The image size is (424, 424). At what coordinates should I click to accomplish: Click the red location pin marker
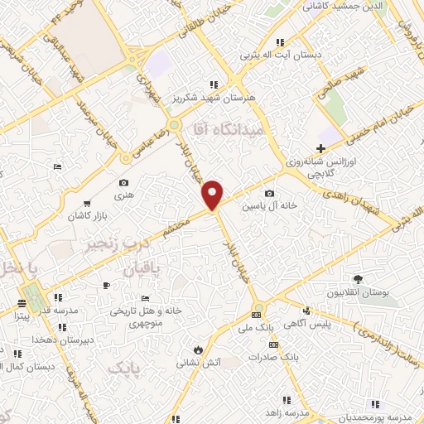[213, 195]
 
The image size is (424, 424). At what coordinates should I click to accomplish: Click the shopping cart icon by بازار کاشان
[86, 203]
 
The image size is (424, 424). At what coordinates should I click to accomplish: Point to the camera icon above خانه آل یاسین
[268, 193]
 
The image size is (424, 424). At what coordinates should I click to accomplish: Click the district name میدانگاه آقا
[227, 130]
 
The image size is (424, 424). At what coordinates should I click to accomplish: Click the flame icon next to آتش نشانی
[199, 348]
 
